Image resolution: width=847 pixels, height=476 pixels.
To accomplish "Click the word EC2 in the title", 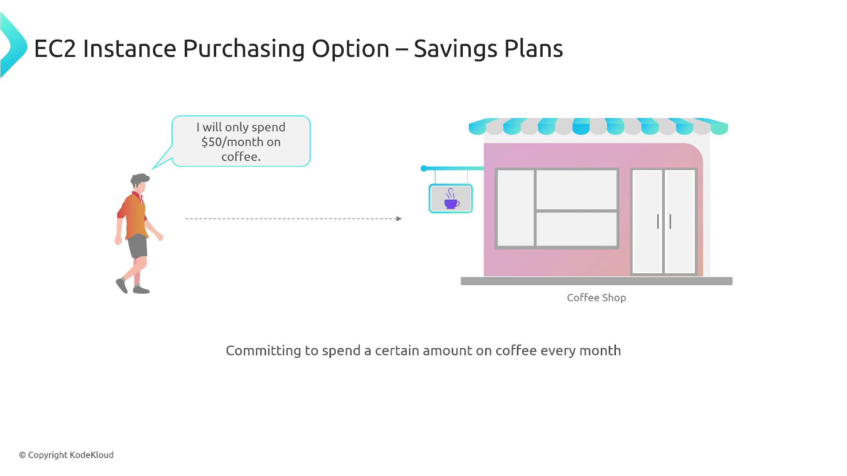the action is point(55,48).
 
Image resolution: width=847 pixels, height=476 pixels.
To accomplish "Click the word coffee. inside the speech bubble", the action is point(241,157).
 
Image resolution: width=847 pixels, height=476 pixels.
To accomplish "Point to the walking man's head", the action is point(140,182).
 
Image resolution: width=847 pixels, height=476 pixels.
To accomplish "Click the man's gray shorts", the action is point(138,246).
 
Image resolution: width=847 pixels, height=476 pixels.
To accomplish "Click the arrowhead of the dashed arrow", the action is point(399,219).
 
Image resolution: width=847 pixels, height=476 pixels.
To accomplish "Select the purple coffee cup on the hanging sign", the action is point(451,199).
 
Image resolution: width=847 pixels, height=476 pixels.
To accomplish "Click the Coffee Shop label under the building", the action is point(596,298).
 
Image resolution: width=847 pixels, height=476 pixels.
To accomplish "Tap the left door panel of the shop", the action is point(647,222).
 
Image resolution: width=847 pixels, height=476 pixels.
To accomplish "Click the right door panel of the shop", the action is point(680,222).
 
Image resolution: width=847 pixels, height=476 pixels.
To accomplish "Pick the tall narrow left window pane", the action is point(516,208).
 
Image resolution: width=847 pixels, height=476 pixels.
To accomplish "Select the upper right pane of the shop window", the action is point(576,190).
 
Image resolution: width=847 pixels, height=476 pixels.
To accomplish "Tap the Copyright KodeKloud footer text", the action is point(66,455).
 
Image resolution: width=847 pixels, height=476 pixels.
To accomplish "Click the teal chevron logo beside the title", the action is point(13,46).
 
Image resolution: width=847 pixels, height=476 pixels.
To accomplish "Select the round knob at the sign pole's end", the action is point(424,168).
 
